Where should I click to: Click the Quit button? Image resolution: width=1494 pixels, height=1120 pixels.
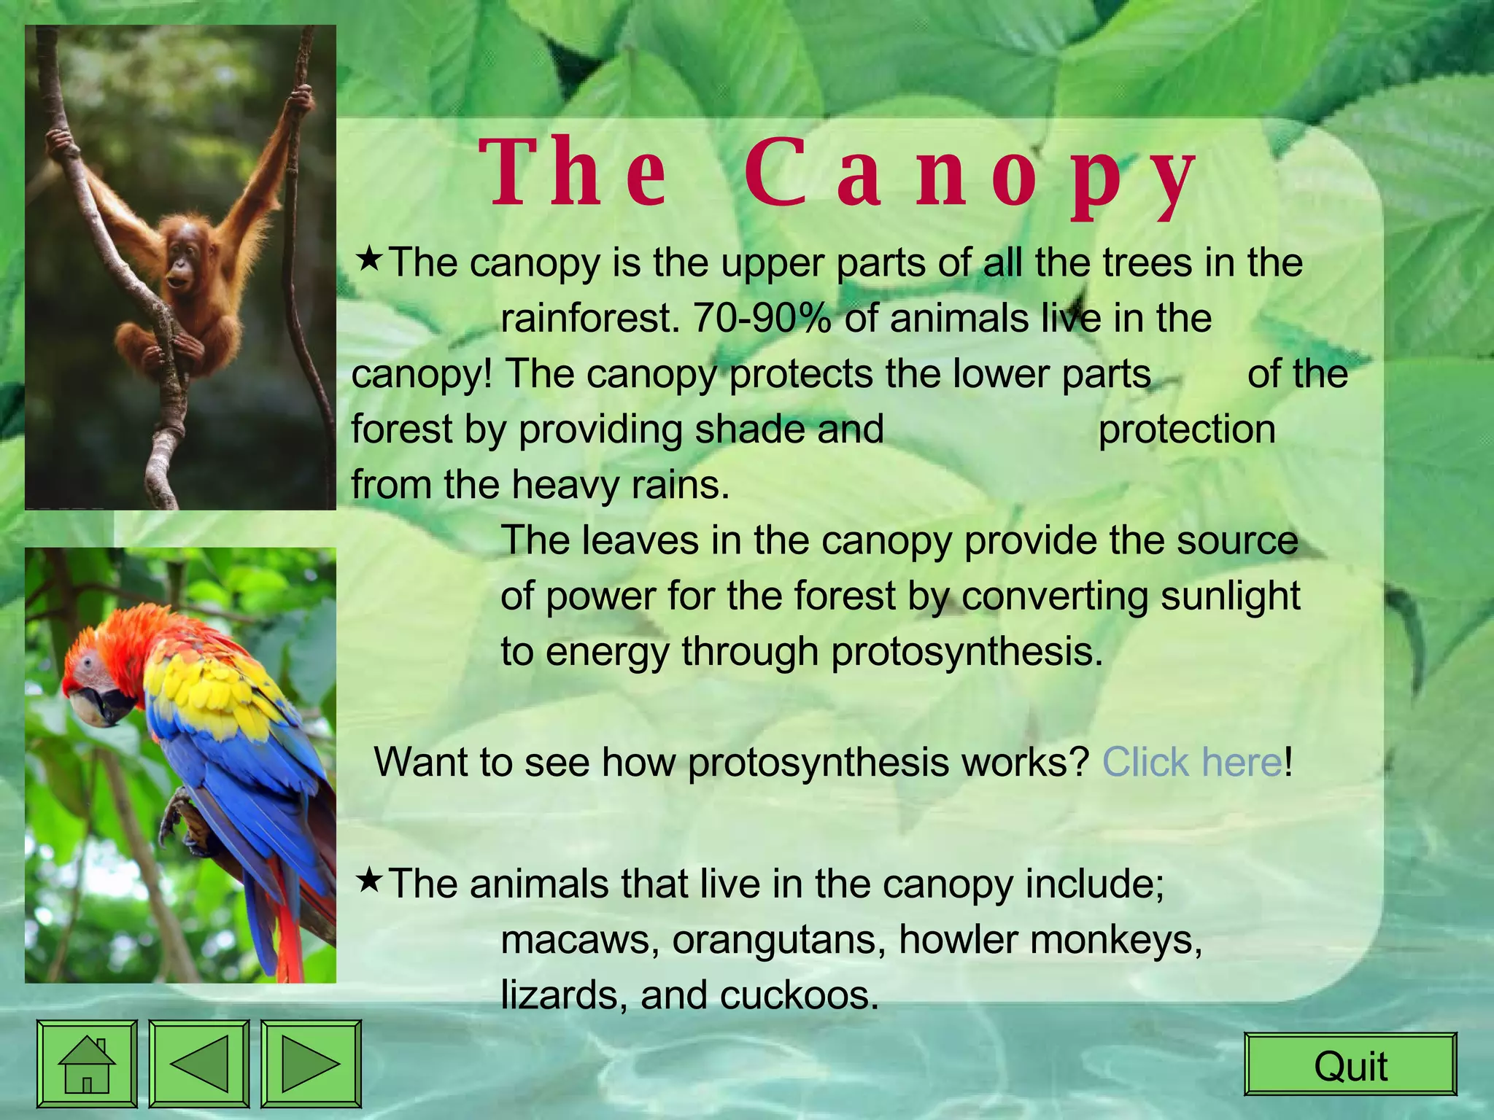click(1350, 1065)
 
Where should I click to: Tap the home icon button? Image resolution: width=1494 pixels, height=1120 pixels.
click(87, 1065)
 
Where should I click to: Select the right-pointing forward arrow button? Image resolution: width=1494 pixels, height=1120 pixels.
click(311, 1065)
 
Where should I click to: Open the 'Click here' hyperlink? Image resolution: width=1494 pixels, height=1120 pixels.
click(1192, 763)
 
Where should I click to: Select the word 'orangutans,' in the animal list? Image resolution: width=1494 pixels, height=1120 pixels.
click(779, 941)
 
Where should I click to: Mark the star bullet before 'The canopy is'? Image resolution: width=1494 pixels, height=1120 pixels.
click(369, 258)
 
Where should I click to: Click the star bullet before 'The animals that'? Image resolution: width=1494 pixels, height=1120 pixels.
click(369, 880)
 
